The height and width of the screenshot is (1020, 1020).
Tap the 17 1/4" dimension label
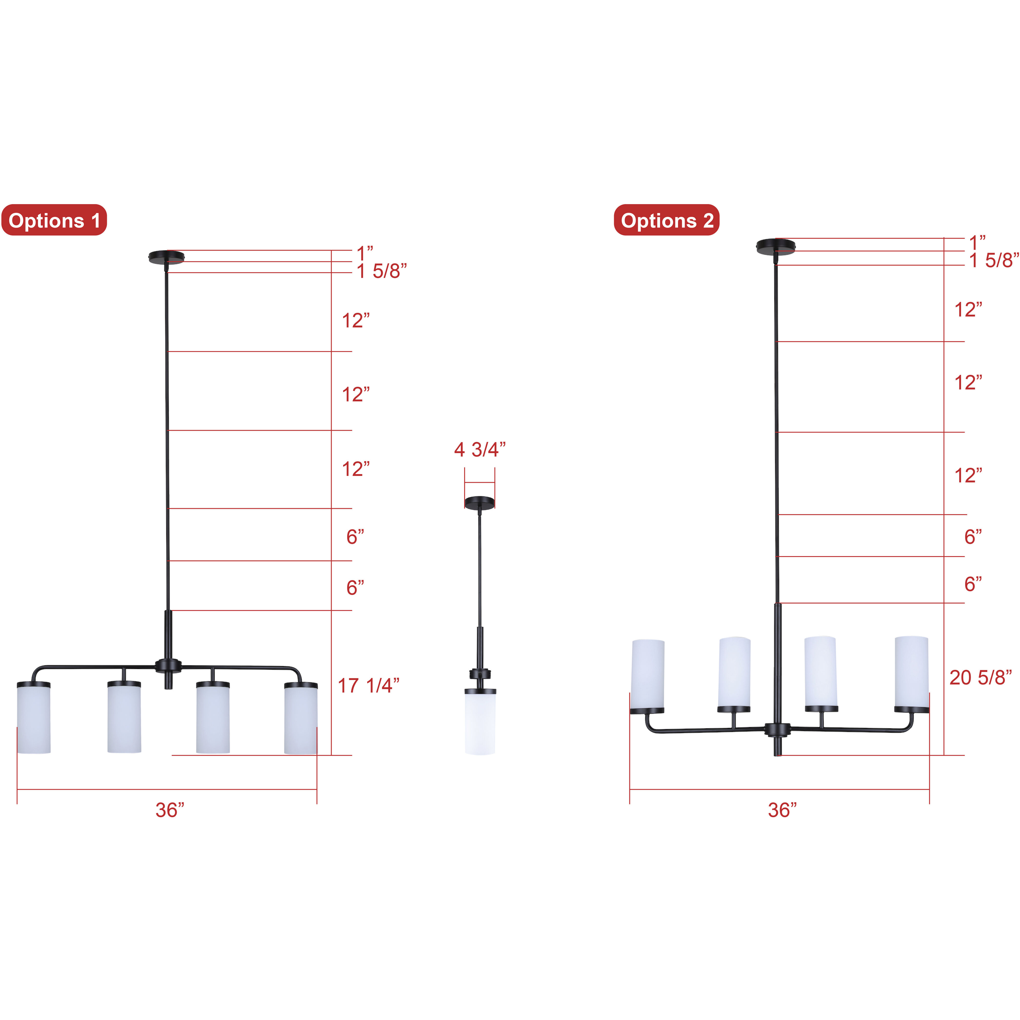pos(368,686)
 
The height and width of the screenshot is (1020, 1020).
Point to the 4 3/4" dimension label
pos(480,450)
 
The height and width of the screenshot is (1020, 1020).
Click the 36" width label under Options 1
pos(170,811)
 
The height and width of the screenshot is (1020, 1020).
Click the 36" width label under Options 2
pos(782,811)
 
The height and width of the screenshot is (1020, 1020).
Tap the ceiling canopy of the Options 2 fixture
pos(776,247)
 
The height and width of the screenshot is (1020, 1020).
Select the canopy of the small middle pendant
pos(480,502)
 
